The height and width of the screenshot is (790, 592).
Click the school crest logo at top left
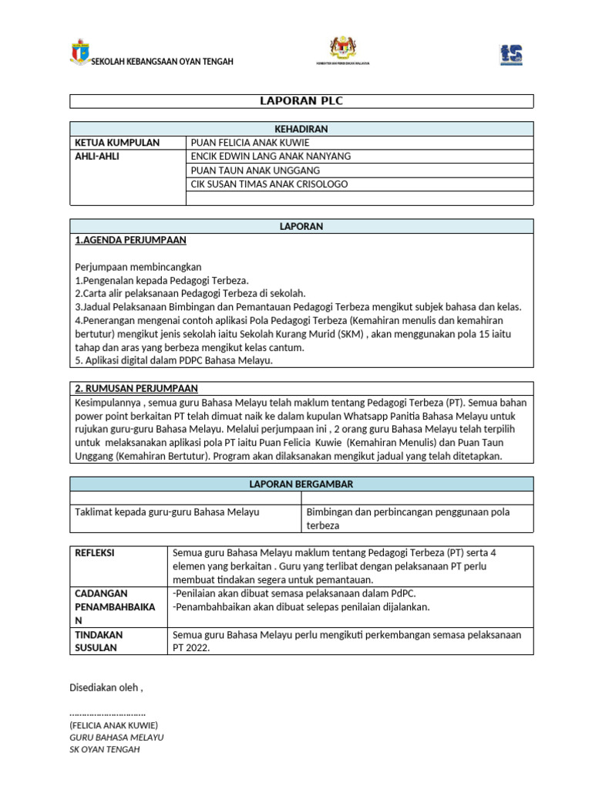point(80,51)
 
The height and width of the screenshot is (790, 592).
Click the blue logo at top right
point(511,54)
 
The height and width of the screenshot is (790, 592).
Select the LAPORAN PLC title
point(301,101)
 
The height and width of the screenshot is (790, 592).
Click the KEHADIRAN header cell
point(301,129)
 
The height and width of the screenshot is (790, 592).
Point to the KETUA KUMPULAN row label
point(117,143)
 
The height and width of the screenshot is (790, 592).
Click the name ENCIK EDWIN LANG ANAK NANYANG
point(271,156)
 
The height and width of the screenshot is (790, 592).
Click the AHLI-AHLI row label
point(97,156)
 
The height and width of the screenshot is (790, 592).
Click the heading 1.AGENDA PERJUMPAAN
point(130,240)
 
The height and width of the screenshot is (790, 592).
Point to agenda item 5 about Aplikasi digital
point(173,360)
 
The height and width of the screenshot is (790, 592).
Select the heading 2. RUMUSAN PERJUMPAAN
point(137,388)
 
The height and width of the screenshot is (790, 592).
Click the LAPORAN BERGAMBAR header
point(301,484)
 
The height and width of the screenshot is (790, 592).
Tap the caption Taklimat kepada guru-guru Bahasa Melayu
point(166,511)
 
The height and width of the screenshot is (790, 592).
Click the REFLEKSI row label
point(95,553)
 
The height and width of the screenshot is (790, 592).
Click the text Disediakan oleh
point(106,687)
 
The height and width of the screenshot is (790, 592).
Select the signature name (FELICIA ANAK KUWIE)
point(113,725)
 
